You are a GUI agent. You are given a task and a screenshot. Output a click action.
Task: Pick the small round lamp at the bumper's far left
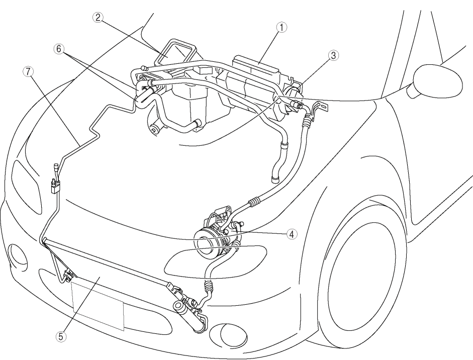(x=18, y=253)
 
